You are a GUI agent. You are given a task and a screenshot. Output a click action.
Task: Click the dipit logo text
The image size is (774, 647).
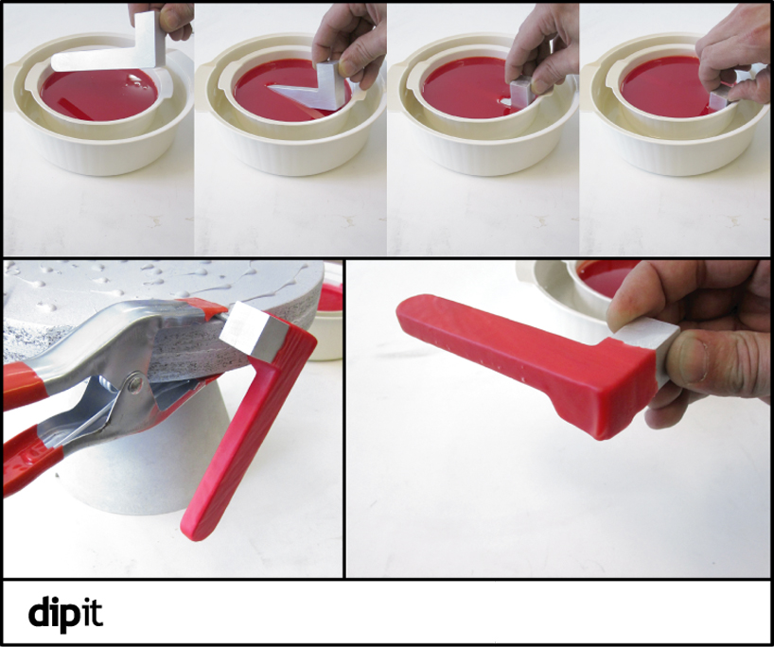(x=65, y=613)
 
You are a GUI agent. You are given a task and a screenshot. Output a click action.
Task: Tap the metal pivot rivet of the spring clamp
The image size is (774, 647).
(x=133, y=381)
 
